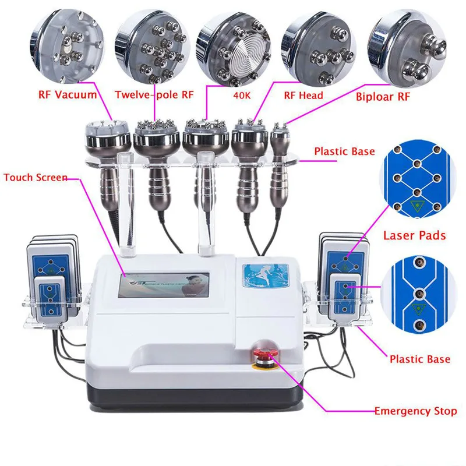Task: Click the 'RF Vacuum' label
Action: [x=68, y=94]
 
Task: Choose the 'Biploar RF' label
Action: [x=383, y=96]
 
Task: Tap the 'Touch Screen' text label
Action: [x=35, y=177]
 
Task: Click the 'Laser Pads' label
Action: [x=414, y=235]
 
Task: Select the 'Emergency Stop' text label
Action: [x=415, y=411]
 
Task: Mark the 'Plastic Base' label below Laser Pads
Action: [x=419, y=359]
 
